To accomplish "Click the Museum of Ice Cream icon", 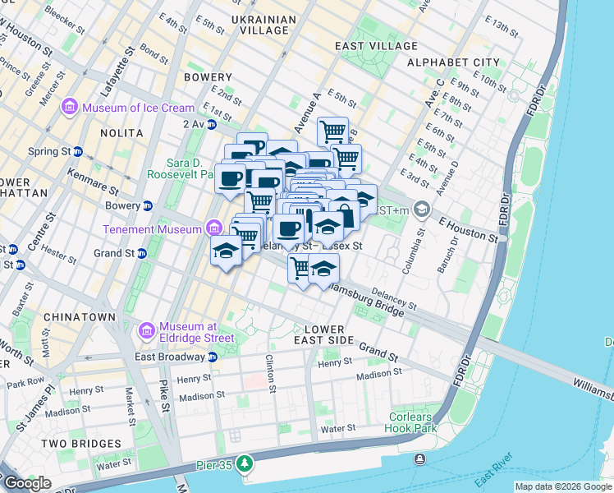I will [x=70, y=108].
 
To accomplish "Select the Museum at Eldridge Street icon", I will [x=148, y=331].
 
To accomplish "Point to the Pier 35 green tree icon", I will [x=244, y=465].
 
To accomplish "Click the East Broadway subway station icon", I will [x=213, y=357].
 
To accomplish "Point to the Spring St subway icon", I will [x=78, y=152].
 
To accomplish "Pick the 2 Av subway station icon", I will [x=212, y=124].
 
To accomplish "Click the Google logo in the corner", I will [x=26, y=483].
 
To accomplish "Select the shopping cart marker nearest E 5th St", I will [x=332, y=131].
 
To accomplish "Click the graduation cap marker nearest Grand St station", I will [x=226, y=251].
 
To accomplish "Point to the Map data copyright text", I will [x=563, y=486].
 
